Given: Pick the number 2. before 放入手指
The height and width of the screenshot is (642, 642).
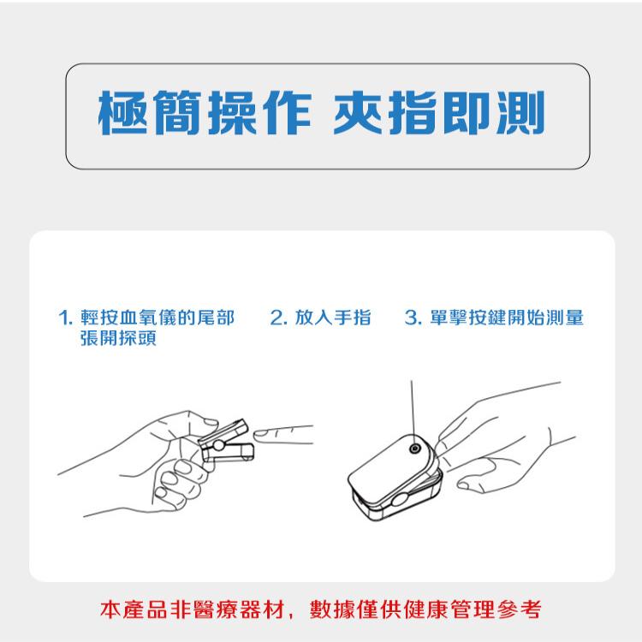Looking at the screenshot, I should pos(276,319).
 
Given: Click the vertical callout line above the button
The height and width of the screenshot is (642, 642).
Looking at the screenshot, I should pos(412,407).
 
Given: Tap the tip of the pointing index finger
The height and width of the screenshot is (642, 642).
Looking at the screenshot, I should pos(260,434).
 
